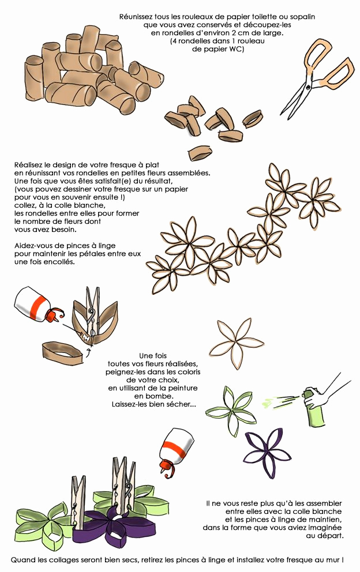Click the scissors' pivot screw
click(x=308, y=88)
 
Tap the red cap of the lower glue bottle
click(x=166, y=467)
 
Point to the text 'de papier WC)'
click(x=218, y=49)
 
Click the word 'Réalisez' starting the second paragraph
click(x=29, y=165)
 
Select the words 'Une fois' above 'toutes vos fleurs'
click(x=153, y=356)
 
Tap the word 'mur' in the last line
click(x=333, y=559)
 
